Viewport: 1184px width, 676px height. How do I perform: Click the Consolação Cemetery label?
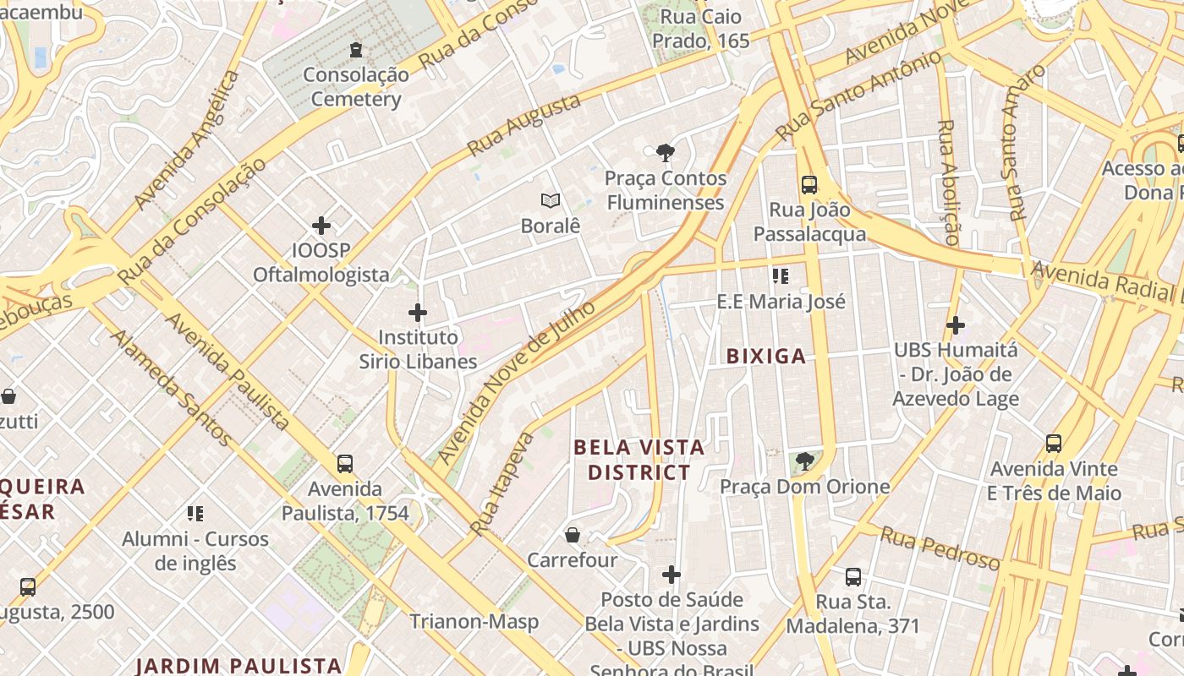(x=356, y=87)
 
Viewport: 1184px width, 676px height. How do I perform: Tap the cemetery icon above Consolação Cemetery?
(x=356, y=50)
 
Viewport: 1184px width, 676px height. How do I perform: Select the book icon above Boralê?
(x=551, y=200)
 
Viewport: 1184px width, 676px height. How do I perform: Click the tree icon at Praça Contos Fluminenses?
(x=666, y=153)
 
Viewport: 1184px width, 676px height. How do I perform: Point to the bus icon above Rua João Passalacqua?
(x=809, y=184)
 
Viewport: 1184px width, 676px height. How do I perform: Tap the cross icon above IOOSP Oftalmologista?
(x=321, y=226)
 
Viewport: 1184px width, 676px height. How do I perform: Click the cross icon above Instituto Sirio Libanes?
(x=418, y=313)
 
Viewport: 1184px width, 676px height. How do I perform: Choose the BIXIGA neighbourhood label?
(x=766, y=357)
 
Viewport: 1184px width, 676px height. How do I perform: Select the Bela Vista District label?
(x=639, y=460)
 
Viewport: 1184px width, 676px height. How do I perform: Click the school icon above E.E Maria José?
(x=781, y=275)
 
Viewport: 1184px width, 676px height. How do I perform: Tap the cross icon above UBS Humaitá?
(x=956, y=324)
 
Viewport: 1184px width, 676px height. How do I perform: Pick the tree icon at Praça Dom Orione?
(x=805, y=461)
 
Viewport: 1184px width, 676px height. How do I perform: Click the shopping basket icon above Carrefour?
(x=573, y=535)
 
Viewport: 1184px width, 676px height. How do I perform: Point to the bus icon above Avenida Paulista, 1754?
(x=345, y=463)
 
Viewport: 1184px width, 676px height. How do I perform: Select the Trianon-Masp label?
(x=474, y=622)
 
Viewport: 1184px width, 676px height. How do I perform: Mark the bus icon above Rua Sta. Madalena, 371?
(x=853, y=577)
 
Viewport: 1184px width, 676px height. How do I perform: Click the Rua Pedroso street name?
(x=940, y=548)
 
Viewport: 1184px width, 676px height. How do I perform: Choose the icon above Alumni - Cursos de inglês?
(x=195, y=513)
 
